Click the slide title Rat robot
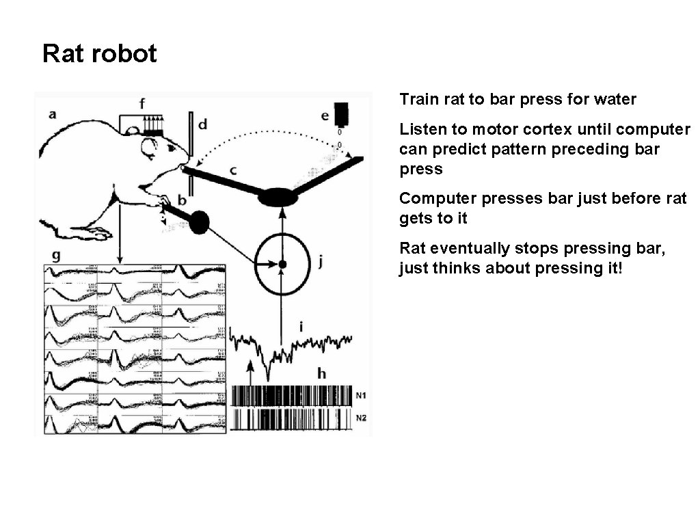[x=100, y=53]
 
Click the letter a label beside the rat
[x=52, y=115]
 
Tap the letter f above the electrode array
[x=142, y=104]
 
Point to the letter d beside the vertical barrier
[x=202, y=124]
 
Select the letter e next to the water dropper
[x=325, y=116]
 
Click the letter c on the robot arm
[x=233, y=167]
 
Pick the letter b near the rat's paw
[x=182, y=200]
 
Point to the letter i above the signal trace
[x=301, y=327]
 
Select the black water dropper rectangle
[x=341, y=113]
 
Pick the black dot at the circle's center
[x=282, y=264]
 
